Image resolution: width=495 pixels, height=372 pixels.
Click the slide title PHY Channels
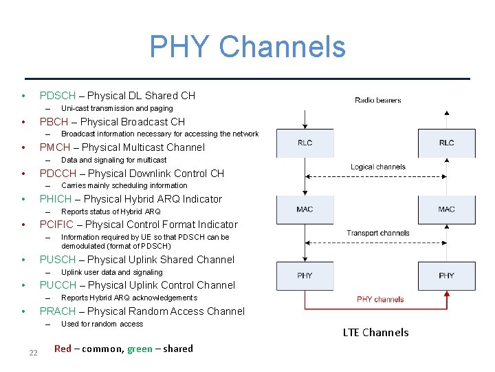pyautogui.click(x=247, y=47)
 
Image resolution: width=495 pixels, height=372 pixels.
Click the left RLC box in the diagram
pyautogui.click(x=305, y=143)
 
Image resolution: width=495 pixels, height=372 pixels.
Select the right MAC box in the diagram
pyautogui.click(x=446, y=209)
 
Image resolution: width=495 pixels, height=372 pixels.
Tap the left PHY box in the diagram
pyautogui.click(x=305, y=276)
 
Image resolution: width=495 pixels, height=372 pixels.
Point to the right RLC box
pyautogui.click(x=446, y=143)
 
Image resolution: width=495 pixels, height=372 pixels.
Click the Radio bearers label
pyautogui.click(x=377, y=101)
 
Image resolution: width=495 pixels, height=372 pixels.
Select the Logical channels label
pyautogui.click(x=377, y=167)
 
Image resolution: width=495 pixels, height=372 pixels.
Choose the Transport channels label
pyautogui.click(x=377, y=233)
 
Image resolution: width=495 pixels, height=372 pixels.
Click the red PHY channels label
pyautogui.click(x=380, y=300)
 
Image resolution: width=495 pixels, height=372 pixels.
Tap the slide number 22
pyautogui.click(x=32, y=353)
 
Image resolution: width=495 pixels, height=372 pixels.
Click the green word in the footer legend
pyautogui.click(x=140, y=349)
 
